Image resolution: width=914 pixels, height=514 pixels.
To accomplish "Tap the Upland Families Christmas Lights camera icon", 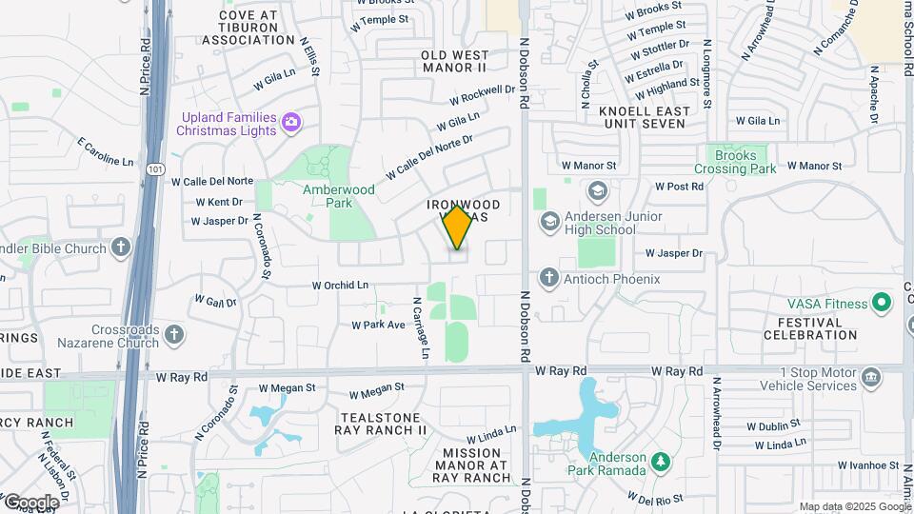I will pyautogui.click(x=291, y=122).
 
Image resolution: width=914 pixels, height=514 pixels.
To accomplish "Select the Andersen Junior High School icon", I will pyautogui.click(x=549, y=222).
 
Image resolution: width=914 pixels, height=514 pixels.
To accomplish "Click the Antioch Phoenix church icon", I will pyautogui.click(x=549, y=278).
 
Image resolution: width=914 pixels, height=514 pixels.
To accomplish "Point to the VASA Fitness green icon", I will pyautogui.click(x=882, y=304).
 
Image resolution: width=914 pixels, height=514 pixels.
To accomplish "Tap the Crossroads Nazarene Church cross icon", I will pyautogui.click(x=173, y=334).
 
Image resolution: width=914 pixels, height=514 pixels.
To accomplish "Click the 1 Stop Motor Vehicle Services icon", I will pyautogui.click(x=870, y=379).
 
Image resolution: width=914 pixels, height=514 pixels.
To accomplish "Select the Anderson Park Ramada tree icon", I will pyautogui.click(x=660, y=464).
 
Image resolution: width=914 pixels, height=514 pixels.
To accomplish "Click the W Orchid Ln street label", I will pyautogui.click(x=340, y=285).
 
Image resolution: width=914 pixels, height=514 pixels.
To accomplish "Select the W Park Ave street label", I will pyautogui.click(x=379, y=325).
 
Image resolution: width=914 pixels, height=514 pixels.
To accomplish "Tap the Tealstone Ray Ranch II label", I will pyautogui.click(x=381, y=423).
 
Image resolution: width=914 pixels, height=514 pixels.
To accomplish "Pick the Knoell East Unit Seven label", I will pyautogui.click(x=643, y=117).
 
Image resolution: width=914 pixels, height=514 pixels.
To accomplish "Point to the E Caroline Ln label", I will pyautogui.click(x=105, y=152).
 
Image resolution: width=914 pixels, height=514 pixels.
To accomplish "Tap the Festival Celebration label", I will pyautogui.click(x=816, y=328).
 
